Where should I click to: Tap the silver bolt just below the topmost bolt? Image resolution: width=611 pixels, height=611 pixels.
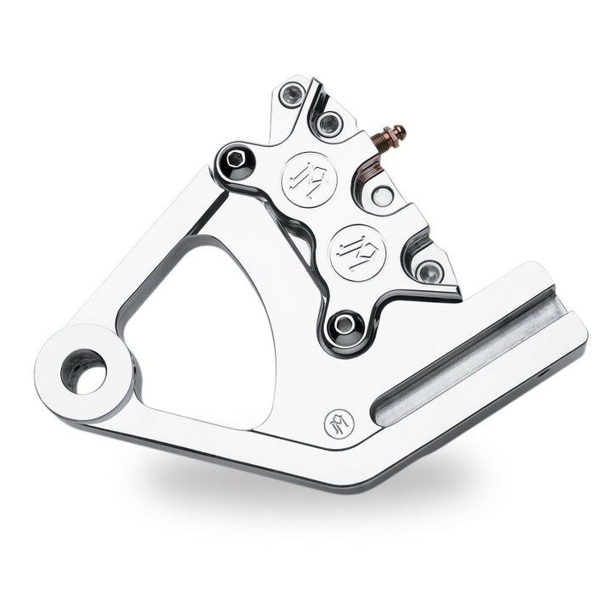pyautogui.click(x=328, y=125)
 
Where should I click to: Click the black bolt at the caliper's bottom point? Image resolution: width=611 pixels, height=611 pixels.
pyautogui.click(x=343, y=323)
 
